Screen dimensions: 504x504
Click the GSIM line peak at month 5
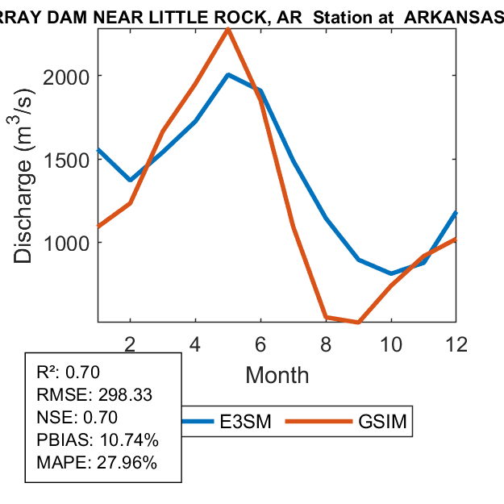[x=228, y=30]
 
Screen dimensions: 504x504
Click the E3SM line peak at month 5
[x=228, y=75]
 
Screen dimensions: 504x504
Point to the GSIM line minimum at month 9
[x=358, y=323]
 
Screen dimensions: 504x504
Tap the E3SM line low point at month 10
[x=391, y=273]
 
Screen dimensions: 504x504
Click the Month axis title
[x=277, y=374]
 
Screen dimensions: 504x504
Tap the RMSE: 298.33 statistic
[x=94, y=395]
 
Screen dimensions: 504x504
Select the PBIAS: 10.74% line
[x=98, y=440]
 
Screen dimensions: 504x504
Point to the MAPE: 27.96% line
[x=97, y=463]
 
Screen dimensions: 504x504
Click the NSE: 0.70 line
[x=77, y=418]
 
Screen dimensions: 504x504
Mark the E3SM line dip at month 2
[x=130, y=180]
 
